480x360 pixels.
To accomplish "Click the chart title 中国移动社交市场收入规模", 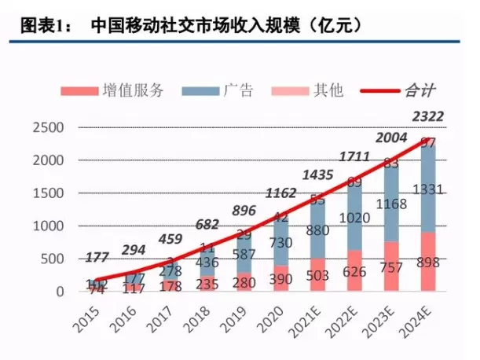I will pyautogui.click(x=228, y=25).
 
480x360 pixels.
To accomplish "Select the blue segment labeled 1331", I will pyautogui.click(x=431, y=189).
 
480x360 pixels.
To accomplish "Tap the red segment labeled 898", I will pyautogui.click(x=431, y=262).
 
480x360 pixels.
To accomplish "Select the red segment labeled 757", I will pyautogui.click(x=394, y=266).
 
